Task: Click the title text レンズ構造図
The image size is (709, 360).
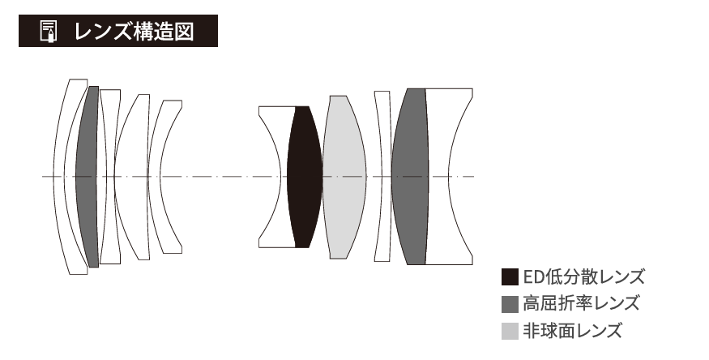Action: pyautogui.click(x=135, y=31)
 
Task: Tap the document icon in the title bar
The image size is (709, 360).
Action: pyautogui.click(x=49, y=31)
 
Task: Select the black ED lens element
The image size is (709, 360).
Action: pyautogui.click(x=305, y=177)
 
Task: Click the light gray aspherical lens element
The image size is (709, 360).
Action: pyautogui.click(x=344, y=177)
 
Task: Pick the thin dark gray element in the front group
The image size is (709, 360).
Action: pyautogui.click(x=88, y=177)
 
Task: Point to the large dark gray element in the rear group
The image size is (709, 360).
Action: pyautogui.click(x=410, y=177)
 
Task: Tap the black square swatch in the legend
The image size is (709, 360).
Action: pyautogui.click(x=510, y=276)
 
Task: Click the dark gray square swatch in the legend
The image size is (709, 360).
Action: pyautogui.click(x=510, y=304)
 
